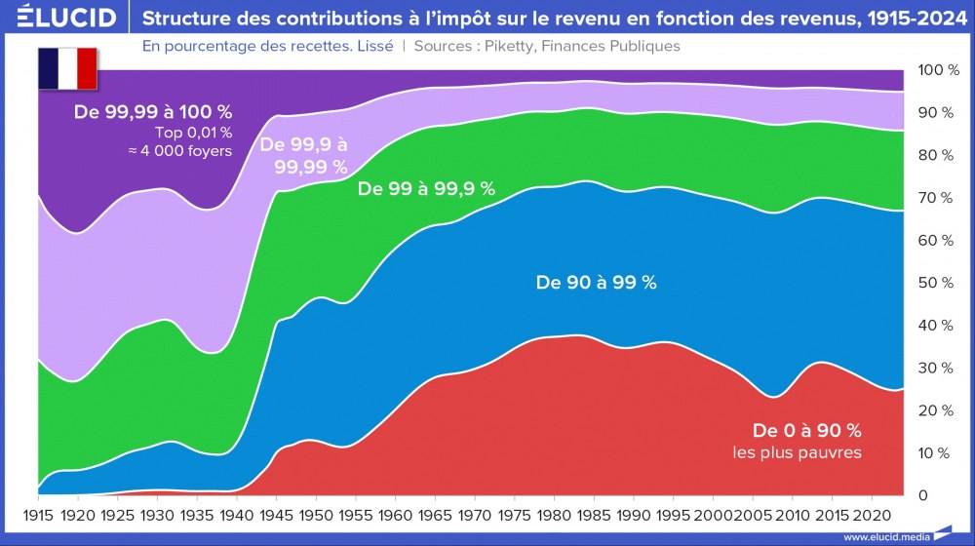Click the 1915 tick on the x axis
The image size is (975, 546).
(x=38, y=514)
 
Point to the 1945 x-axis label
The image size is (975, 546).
(x=276, y=514)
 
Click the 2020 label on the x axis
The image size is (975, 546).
(x=871, y=514)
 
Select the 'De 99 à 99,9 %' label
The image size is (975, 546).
(x=426, y=189)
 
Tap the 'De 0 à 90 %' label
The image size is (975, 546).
(x=806, y=430)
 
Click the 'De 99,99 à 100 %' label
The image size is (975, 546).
(x=153, y=112)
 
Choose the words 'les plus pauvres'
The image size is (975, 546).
(x=797, y=452)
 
